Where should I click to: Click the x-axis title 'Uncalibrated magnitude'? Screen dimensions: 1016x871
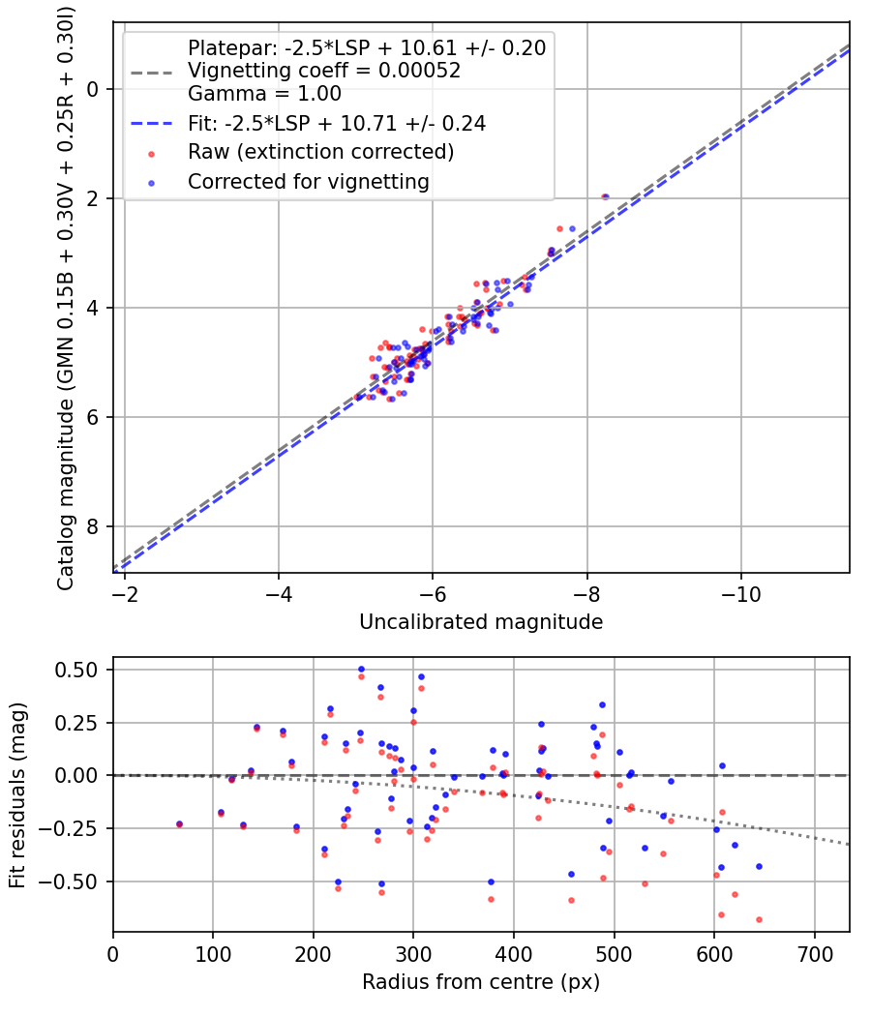tap(481, 621)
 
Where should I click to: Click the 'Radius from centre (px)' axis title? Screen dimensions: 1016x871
tap(481, 982)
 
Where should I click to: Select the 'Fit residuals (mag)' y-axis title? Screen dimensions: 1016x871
tap(17, 794)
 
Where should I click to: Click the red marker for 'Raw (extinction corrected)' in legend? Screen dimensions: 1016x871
tap(151, 153)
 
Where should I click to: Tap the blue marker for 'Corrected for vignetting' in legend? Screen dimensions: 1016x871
tap(151, 182)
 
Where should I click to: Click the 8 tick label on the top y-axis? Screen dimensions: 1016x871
tap(93, 527)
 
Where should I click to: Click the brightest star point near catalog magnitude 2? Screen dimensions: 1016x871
tap(605, 197)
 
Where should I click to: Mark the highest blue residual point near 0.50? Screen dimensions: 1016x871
tap(361, 669)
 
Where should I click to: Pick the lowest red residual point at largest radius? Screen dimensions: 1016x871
tap(759, 919)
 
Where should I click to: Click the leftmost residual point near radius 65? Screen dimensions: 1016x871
tap(178, 824)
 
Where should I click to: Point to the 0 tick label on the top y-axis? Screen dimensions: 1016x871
tap(93, 90)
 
